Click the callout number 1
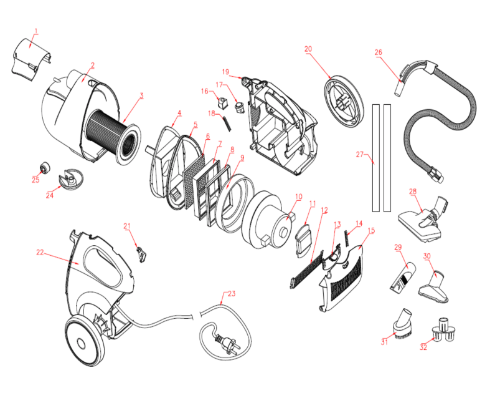[x=36, y=31]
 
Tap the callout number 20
[x=309, y=49]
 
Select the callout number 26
[x=378, y=52]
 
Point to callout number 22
[x=40, y=252]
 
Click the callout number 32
[x=423, y=347]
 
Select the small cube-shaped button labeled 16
[x=223, y=101]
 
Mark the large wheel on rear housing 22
[x=82, y=339]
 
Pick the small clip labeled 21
[x=142, y=253]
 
